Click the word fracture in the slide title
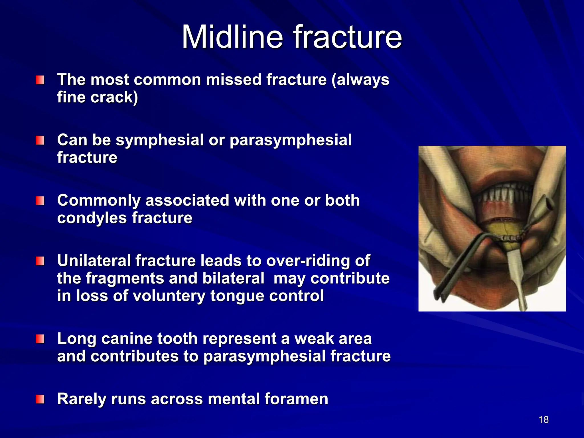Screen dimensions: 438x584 [348, 37]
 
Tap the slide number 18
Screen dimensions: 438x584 [544, 419]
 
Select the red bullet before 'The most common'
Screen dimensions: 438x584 [40, 80]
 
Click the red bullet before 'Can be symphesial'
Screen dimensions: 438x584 [40, 140]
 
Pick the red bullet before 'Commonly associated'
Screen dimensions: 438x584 [40, 201]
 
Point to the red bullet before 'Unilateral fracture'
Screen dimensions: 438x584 [40, 261]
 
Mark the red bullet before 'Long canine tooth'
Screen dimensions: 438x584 [40, 339]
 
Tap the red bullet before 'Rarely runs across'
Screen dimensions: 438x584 [40, 399]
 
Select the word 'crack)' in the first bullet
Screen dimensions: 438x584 [114, 97]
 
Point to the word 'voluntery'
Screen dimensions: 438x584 [169, 296]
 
